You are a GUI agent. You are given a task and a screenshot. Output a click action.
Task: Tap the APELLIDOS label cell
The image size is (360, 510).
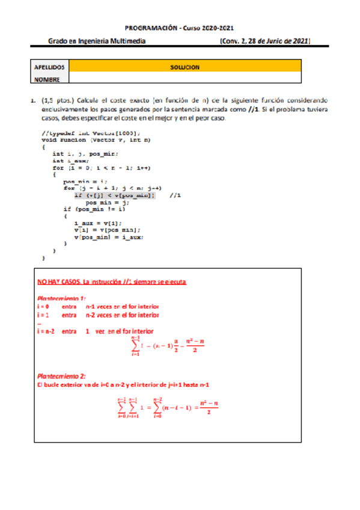click(x=50, y=67)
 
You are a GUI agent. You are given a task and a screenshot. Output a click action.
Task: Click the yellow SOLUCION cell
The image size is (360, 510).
click(x=185, y=67)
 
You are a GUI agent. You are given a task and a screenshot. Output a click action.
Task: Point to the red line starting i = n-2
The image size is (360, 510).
click(x=95, y=331)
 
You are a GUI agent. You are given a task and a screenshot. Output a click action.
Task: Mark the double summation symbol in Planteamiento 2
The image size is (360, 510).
click(x=130, y=407)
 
